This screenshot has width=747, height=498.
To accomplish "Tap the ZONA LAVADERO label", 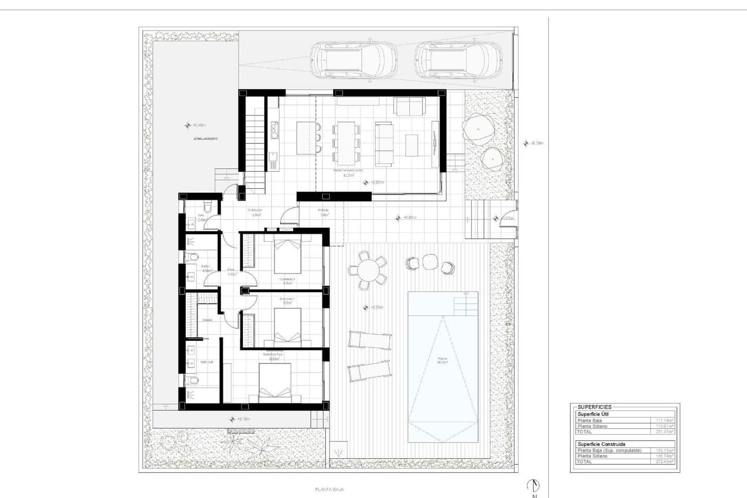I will pos(205,139).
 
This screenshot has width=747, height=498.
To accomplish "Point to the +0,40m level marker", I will pos(196,125).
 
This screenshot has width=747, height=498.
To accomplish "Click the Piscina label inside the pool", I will pos(442,359).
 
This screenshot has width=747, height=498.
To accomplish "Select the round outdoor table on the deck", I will pos(368,270).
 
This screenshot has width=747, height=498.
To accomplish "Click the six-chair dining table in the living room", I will pos(346,142).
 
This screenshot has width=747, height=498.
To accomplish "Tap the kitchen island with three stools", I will pos(306,138).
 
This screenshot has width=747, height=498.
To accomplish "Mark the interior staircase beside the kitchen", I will pos(255,140).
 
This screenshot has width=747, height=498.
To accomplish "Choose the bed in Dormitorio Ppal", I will pos(275,382).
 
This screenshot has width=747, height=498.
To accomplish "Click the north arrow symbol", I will pos(533,486).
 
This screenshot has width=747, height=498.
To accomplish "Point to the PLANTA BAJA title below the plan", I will pos(330,490).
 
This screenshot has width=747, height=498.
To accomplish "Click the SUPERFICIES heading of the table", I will pos(594,407).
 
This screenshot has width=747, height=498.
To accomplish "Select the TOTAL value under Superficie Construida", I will pos(664,462).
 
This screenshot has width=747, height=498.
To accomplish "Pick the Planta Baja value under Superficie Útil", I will pos(664,420).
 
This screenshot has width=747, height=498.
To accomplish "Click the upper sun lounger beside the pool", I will pos(369,341).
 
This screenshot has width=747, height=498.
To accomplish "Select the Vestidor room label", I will pos(207,320).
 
